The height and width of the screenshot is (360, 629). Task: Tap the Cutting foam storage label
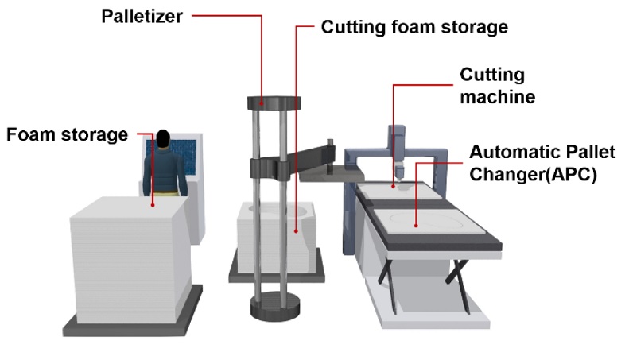414,27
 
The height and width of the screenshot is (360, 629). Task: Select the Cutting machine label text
497,86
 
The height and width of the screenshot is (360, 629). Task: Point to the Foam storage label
67,134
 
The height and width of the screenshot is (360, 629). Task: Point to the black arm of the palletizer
302,157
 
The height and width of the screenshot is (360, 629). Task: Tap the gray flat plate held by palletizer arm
328,177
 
